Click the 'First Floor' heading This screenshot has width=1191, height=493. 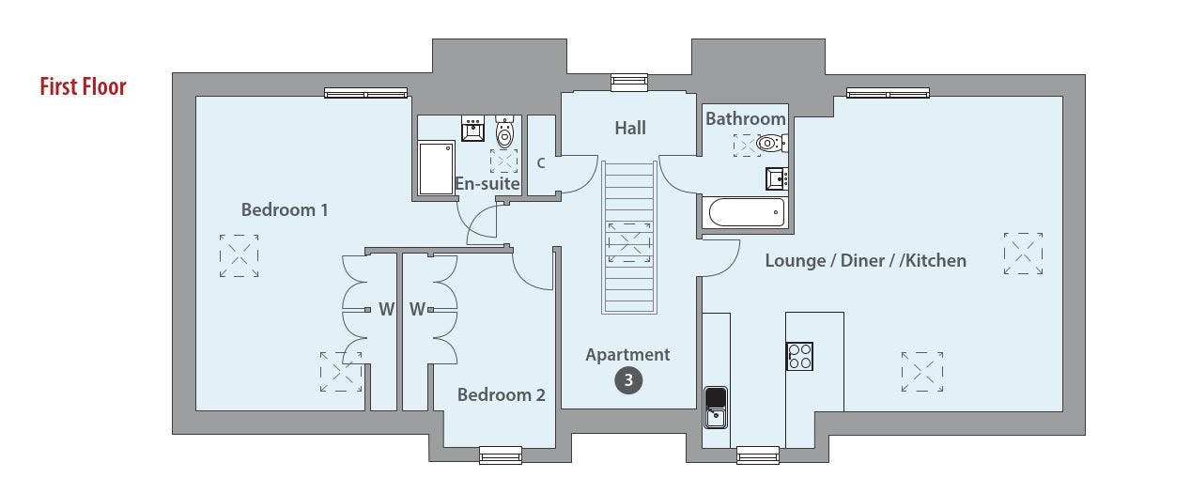(x=83, y=87)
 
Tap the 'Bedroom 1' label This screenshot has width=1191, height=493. (x=285, y=210)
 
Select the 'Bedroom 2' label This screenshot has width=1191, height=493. (x=501, y=395)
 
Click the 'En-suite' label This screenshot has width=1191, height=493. (x=487, y=184)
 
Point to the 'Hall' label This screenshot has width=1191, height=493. (x=630, y=128)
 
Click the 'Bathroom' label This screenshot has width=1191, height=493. (x=746, y=119)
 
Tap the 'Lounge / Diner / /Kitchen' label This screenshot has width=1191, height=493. (x=866, y=261)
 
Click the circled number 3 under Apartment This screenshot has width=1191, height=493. (x=628, y=380)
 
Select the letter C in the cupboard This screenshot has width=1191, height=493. (x=541, y=163)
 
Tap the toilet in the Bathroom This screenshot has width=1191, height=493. (x=772, y=143)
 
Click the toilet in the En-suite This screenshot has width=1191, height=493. (x=504, y=131)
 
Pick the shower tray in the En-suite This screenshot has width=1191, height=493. (x=436, y=168)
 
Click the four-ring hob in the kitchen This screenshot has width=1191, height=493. (x=799, y=356)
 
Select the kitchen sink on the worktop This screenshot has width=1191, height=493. (x=716, y=408)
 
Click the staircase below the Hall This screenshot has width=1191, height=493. (x=629, y=238)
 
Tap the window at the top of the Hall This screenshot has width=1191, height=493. (x=629, y=83)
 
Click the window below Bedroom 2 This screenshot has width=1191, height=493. (x=501, y=454)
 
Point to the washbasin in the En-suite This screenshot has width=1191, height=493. (x=472, y=128)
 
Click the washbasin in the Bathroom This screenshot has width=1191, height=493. (x=777, y=178)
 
